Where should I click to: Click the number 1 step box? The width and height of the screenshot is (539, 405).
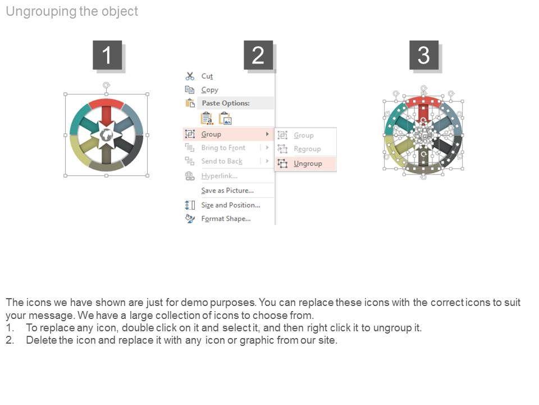(107, 55)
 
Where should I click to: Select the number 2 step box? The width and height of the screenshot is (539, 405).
(258, 55)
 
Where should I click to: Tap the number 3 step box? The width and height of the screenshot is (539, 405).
(423, 55)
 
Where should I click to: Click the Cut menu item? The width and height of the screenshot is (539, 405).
(207, 76)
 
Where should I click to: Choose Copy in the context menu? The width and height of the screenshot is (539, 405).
(209, 90)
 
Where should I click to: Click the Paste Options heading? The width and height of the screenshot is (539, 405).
(226, 103)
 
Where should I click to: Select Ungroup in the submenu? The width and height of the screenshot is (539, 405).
(308, 164)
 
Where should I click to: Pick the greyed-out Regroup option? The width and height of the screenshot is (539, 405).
(307, 148)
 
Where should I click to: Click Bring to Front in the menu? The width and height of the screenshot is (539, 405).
(223, 148)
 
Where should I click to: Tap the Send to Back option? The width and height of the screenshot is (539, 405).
(222, 161)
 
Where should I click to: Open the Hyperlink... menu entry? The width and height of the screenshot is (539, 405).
(220, 176)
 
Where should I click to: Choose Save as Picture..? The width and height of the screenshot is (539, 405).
(227, 191)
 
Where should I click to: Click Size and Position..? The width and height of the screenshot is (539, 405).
(231, 205)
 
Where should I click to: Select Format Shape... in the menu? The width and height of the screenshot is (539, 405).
(226, 219)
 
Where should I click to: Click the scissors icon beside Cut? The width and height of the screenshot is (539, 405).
(190, 76)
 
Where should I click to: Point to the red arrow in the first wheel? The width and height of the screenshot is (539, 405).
(106, 116)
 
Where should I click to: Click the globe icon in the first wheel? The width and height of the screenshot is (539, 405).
(106, 135)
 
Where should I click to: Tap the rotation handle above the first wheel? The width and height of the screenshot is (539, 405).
(106, 85)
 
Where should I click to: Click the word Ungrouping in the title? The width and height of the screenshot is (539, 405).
(41, 11)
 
